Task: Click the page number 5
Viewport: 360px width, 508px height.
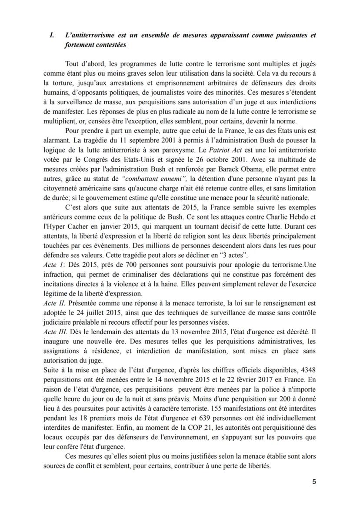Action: click(314, 481)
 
